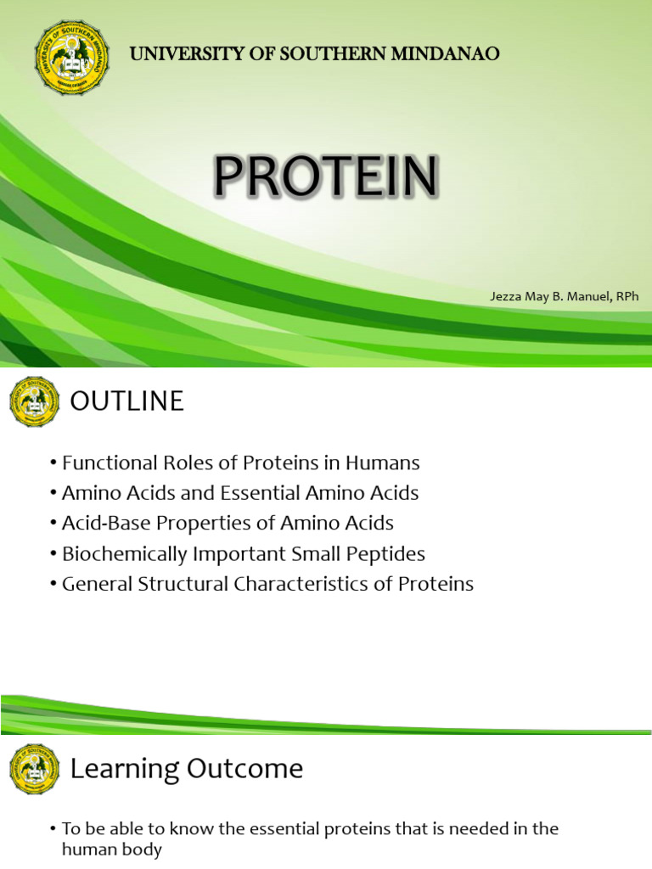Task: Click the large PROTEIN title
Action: [326, 178]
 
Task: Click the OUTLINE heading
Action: [126, 401]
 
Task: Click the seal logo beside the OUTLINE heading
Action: [35, 401]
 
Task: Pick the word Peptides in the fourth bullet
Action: [387, 554]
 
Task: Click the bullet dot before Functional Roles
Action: [53, 464]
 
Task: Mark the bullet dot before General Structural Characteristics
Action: [53, 585]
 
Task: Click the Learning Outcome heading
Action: [186, 769]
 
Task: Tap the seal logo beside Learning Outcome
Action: [35, 769]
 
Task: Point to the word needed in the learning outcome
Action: [470, 828]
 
